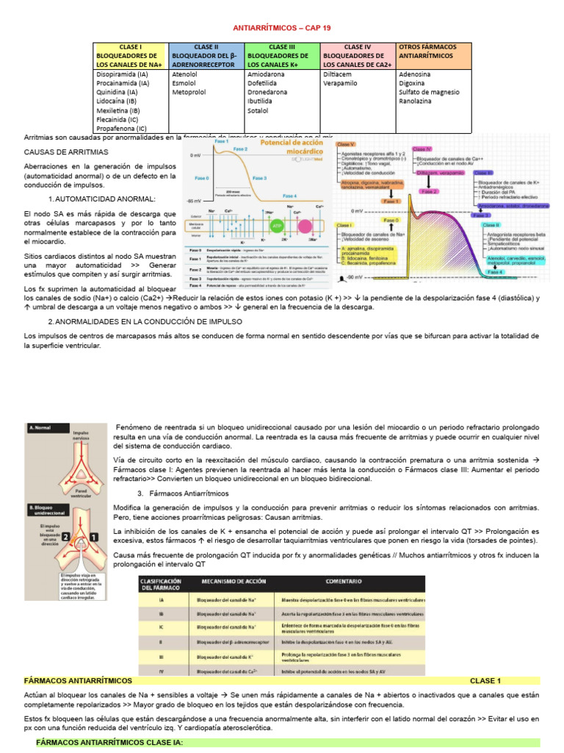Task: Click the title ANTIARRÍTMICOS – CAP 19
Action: click(282, 28)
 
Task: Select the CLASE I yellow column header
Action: click(131, 55)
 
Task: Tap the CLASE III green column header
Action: click(282, 55)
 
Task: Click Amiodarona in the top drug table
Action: click(265, 74)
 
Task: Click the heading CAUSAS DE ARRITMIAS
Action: click(66, 151)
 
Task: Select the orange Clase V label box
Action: click(346, 144)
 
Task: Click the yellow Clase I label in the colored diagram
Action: click(347, 224)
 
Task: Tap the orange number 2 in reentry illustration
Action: click(65, 538)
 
